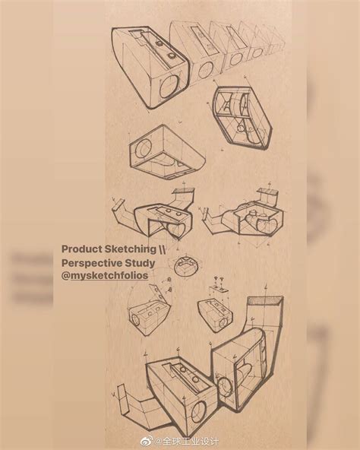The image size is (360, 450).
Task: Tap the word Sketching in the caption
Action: pos(130,249)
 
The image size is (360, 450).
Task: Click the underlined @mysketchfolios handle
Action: pos(105,275)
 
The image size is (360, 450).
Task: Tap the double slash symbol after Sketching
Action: pos(162,249)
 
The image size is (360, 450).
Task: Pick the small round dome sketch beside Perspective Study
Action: pos(185,265)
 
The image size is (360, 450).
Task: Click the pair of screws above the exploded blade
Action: pos(219,279)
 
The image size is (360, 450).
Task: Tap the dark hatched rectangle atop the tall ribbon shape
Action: pos(265,301)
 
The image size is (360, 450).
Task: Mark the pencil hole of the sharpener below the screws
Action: pos(223,324)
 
